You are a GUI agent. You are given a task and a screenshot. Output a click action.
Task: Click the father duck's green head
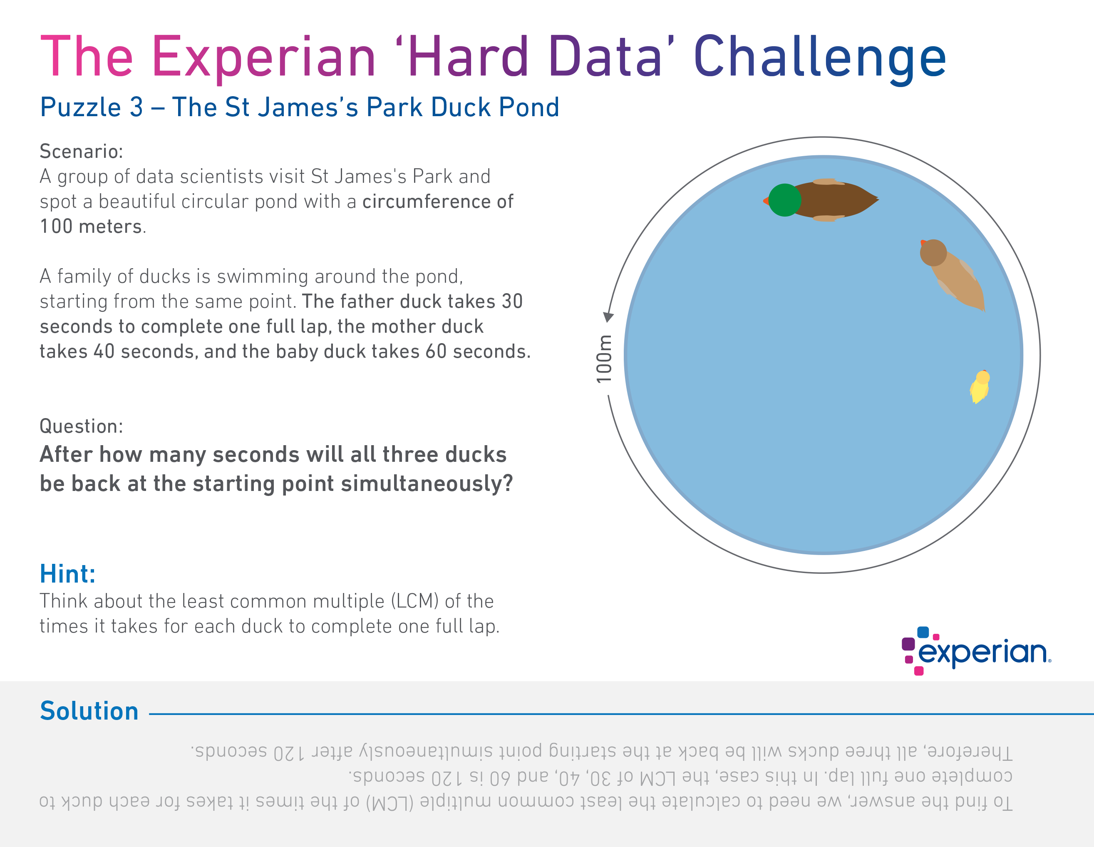pos(784,200)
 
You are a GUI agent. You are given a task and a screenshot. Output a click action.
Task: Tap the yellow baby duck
pos(980,387)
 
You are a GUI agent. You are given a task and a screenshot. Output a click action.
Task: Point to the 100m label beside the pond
pos(604,359)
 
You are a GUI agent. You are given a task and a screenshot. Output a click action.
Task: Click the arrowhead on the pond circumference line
pos(608,317)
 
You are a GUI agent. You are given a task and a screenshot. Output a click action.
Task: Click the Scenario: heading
pos(81,151)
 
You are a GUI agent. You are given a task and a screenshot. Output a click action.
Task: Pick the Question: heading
pos(81,426)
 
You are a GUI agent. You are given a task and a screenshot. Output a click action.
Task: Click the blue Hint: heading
pos(68,573)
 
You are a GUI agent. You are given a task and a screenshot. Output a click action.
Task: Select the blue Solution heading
pos(89,711)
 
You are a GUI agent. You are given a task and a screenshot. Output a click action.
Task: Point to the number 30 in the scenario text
pos(512,301)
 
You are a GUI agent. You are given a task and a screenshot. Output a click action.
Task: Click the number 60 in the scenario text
pos(436,351)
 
